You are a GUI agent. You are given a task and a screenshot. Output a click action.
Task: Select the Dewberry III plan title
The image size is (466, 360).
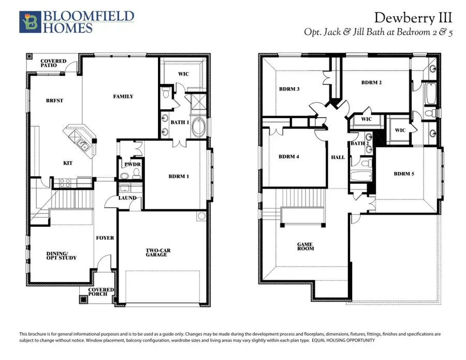point(413,18)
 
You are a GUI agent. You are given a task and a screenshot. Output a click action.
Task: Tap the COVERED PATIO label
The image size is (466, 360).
point(53,64)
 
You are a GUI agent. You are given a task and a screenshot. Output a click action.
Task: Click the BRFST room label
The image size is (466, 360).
point(54,100)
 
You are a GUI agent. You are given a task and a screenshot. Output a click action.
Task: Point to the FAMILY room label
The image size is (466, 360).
point(123,96)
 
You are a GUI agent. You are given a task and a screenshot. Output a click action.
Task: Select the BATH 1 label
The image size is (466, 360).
point(180,122)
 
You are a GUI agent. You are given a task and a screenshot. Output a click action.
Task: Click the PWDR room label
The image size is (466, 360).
point(130,165)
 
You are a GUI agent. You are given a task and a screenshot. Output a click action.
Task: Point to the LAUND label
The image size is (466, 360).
point(127,198)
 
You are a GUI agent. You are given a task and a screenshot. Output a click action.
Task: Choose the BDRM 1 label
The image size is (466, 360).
point(179,177)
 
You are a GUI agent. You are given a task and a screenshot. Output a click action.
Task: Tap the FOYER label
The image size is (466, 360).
point(105,238)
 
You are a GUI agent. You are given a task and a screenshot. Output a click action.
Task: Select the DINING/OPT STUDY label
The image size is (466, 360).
point(54,255)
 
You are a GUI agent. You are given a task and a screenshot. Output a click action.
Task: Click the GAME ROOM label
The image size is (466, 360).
point(305,246)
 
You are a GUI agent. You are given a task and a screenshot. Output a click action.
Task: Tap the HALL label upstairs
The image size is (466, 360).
point(338,157)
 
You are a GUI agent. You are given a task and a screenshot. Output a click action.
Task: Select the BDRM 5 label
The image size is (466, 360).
point(404,174)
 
